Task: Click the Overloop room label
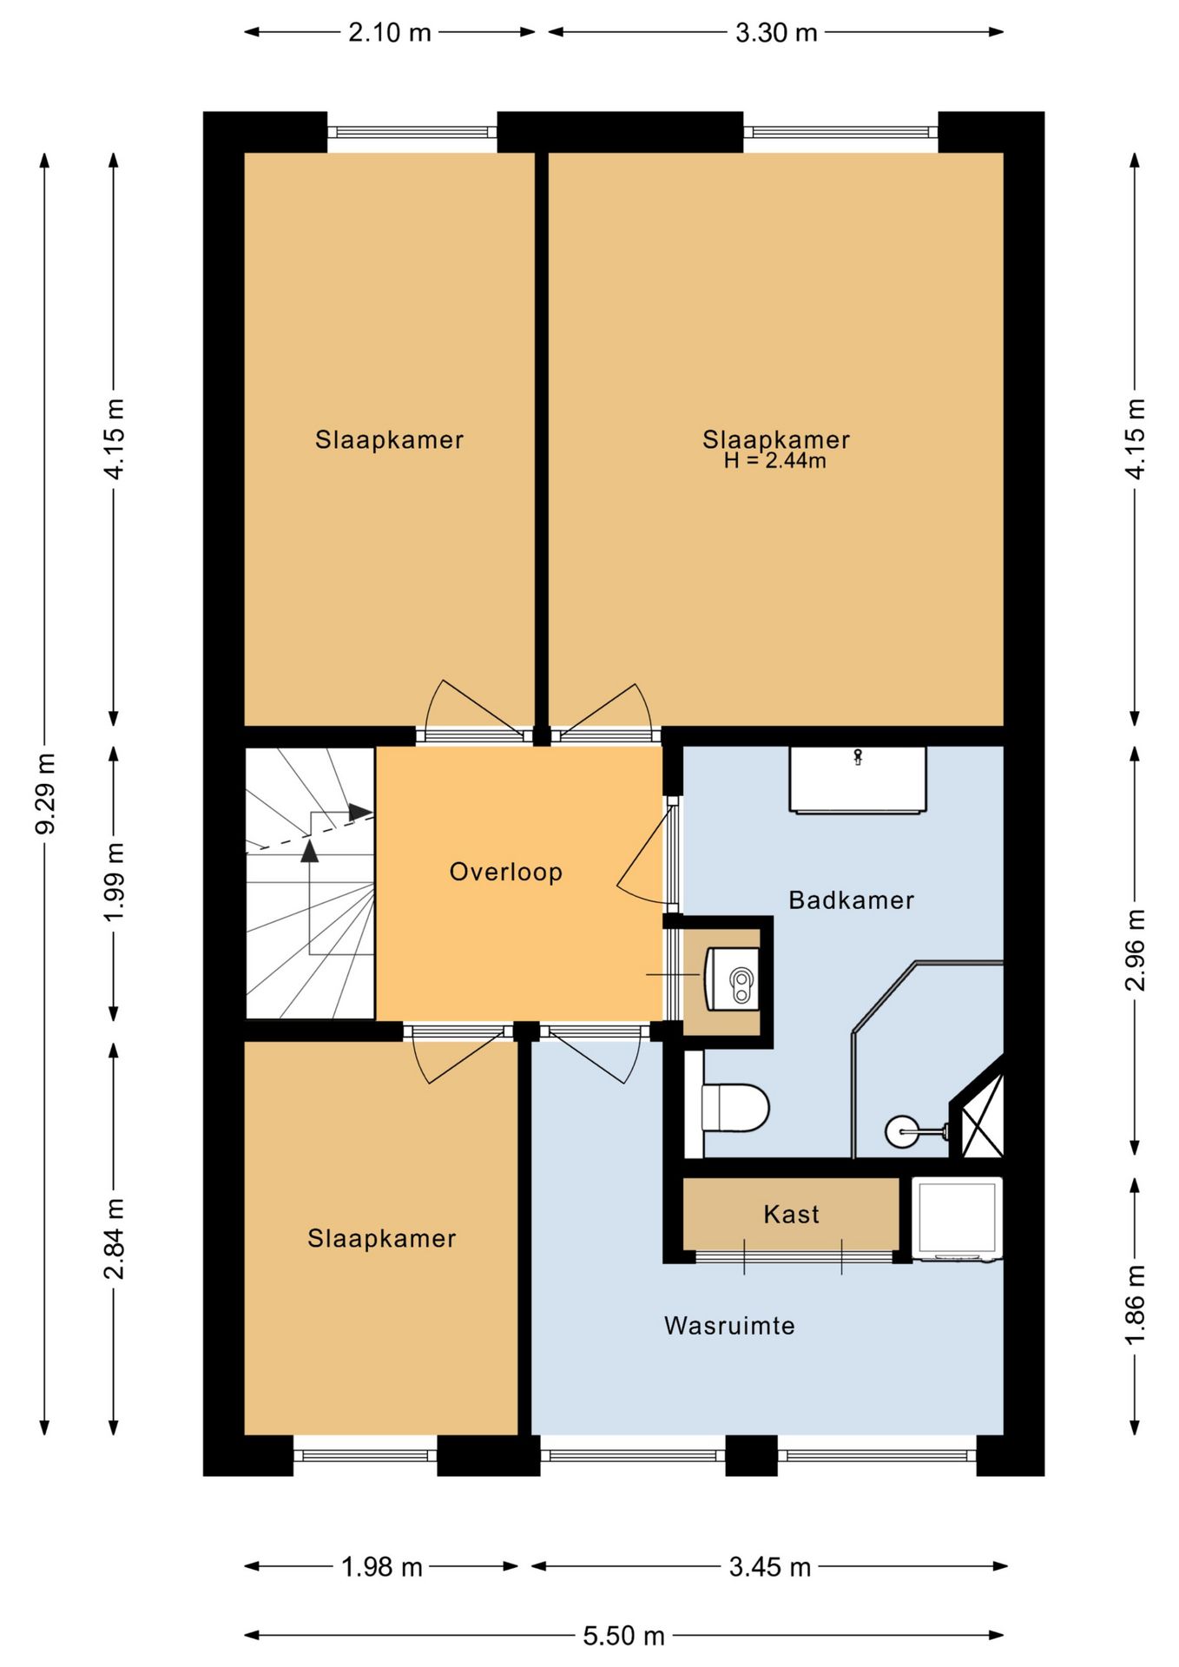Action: (505, 872)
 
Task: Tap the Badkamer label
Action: (851, 900)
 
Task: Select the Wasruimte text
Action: (729, 1326)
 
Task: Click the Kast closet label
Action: (791, 1214)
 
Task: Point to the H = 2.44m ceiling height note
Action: (774, 461)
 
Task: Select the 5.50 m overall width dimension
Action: (623, 1637)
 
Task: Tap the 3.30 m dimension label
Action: (776, 33)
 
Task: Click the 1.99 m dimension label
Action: (114, 883)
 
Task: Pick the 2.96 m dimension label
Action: (1135, 951)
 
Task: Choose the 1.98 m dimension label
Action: (381, 1567)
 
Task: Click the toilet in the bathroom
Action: (734, 1108)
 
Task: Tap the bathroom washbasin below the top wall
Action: (858, 780)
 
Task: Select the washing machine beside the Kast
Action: (957, 1218)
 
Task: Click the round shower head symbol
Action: (900, 1131)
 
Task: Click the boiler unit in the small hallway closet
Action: (732, 978)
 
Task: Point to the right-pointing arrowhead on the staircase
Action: (360, 813)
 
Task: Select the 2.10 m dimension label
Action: (389, 33)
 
